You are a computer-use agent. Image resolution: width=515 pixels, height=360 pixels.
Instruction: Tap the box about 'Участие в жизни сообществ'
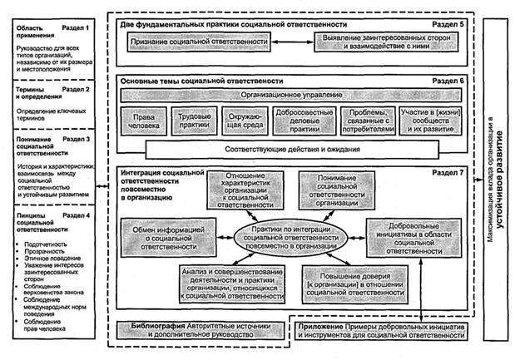point(424,123)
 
